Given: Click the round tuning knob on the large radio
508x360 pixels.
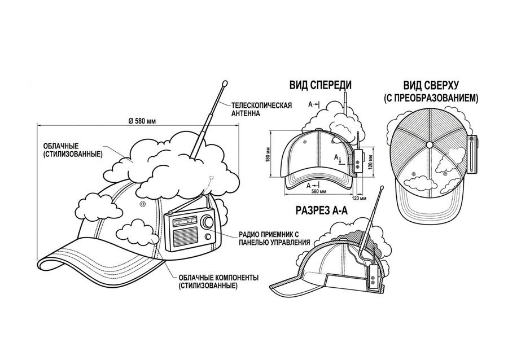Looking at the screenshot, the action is (x=207, y=222).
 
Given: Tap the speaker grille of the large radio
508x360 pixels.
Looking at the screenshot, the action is (x=185, y=236).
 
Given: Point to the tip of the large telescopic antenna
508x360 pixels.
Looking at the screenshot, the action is (x=225, y=84).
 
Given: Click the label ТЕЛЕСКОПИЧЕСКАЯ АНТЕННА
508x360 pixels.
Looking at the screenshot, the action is (x=261, y=109).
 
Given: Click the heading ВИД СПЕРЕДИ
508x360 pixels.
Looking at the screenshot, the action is (x=321, y=85).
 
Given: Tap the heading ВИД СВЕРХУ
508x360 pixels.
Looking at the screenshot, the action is (x=431, y=86).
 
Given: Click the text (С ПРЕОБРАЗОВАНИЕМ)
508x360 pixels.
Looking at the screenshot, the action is (x=431, y=98).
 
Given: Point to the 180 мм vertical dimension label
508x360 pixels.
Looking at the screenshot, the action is (x=268, y=154).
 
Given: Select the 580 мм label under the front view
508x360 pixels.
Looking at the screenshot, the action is (x=318, y=192).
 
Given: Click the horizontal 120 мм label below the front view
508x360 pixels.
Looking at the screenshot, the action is (x=360, y=198).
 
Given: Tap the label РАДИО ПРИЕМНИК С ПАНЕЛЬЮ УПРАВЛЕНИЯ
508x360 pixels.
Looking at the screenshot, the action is (x=274, y=238).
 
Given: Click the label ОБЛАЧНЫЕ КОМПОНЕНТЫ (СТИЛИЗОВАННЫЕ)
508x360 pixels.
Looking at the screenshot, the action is (x=218, y=282).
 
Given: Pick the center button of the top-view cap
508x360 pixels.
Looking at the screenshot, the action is (x=430, y=144).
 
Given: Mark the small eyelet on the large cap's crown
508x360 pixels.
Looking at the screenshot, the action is (x=142, y=204).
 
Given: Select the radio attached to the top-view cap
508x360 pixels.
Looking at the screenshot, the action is (x=472, y=155).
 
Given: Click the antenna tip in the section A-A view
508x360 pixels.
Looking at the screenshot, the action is (x=382, y=187).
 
